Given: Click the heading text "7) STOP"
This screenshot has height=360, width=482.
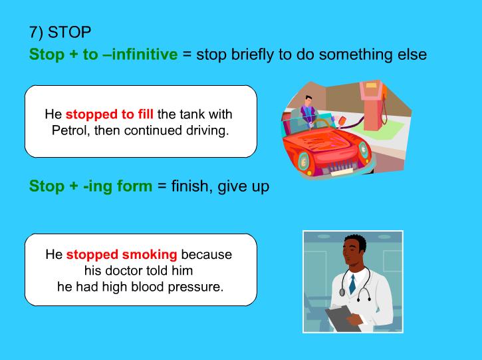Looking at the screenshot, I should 60,33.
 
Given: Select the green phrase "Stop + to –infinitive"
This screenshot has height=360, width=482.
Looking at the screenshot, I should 103,55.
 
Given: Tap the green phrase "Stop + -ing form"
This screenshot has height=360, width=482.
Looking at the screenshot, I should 90,186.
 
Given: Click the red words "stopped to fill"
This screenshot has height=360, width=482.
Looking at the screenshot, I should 110,114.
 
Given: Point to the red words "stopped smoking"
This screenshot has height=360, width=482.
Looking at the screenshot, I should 122,254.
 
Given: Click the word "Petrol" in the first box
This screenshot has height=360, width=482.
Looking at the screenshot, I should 70,130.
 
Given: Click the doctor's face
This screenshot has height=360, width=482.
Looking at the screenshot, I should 352,252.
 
